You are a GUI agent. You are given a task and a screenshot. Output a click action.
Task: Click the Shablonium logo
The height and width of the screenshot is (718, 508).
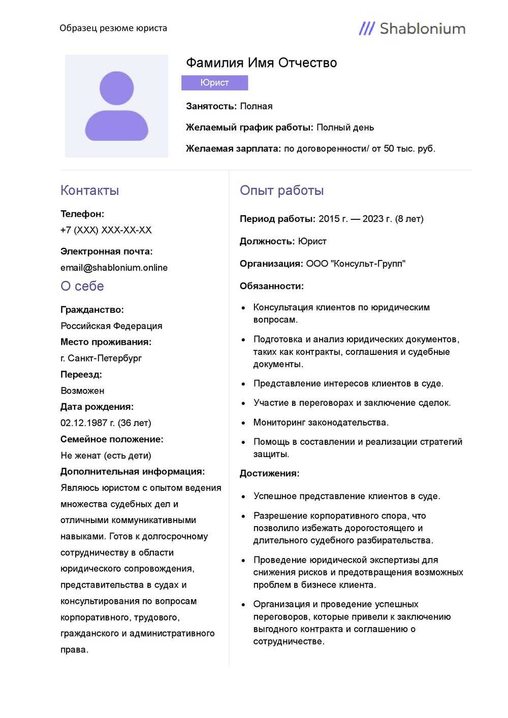click(x=412, y=28)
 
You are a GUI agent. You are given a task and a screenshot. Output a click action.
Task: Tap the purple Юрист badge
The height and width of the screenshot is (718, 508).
click(x=214, y=83)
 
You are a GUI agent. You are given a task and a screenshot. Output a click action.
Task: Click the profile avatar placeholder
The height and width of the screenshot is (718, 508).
click(x=116, y=106)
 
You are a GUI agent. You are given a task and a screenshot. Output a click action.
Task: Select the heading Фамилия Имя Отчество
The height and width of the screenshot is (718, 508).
click(x=261, y=63)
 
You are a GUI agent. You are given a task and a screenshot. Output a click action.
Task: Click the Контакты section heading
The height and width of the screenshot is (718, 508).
click(x=89, y=190)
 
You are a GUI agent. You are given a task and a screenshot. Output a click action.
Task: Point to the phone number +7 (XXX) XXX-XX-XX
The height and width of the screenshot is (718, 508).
click(x=106, y=230)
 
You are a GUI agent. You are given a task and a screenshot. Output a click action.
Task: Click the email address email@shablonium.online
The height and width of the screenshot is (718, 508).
click(x=114, y=268)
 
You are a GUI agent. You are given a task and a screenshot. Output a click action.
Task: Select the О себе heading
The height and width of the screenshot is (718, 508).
click(x=82, y=286)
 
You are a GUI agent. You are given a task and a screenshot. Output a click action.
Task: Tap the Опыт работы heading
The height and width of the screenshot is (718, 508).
click(x=281, y=190)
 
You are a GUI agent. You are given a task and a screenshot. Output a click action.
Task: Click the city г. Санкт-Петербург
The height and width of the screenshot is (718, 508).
click(x=101, y=358)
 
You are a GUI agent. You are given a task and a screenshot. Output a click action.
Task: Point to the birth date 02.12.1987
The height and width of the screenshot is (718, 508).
click(x=84, y=423)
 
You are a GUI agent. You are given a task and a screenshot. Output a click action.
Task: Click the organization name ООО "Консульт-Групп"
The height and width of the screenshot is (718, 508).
click(x=356, y=264)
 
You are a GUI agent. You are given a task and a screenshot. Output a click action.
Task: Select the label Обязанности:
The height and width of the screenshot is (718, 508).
click(x=271, y=286)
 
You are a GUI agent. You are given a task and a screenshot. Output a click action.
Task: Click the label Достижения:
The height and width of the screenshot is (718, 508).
click(x=269, y=473)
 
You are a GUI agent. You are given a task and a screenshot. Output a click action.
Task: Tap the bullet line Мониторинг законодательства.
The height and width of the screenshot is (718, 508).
click(x=321, y=422)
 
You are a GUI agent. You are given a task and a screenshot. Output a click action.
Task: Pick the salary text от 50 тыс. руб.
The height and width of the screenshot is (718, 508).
click(x=403, y=149)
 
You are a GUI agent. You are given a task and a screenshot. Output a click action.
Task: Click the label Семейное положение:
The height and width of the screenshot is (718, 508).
click(x=112, y=439)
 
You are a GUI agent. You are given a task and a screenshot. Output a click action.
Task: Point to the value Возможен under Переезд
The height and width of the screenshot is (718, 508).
click(x=82, y=390)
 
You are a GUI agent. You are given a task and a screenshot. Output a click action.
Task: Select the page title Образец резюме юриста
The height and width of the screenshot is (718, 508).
click(x=113, y=28)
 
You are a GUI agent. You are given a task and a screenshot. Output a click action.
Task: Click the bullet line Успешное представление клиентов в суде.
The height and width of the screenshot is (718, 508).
click(x=346, y=496)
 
